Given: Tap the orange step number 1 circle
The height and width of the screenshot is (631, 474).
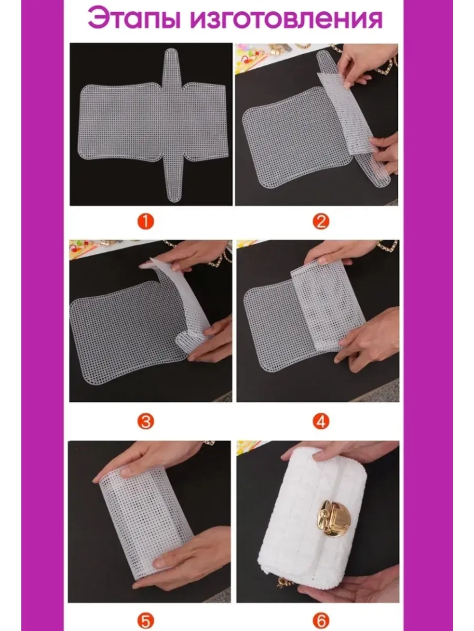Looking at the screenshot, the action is pyautogui.click(x=146, y=222).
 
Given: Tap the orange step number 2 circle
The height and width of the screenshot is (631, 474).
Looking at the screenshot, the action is pyautogui.click(x=320, y=222).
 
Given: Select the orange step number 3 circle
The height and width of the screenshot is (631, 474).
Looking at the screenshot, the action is pyautogui.click(x=146, y=422).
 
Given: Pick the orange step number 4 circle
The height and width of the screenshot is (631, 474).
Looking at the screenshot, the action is pyautogui.click(x=320, y=422).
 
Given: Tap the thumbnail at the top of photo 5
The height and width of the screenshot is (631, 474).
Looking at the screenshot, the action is pyautogui.click(x=126, y=472).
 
